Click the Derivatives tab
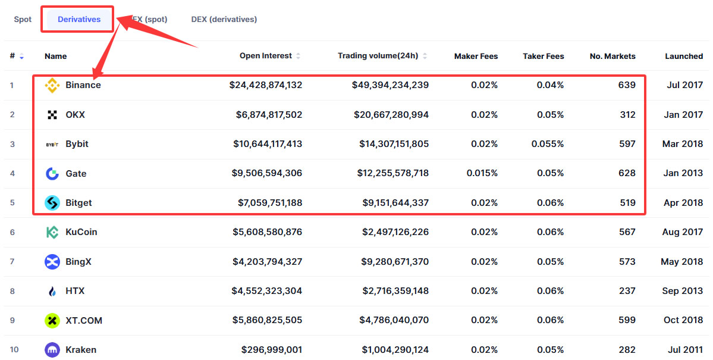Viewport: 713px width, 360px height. click(79, 20)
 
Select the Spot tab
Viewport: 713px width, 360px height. click(23, 20)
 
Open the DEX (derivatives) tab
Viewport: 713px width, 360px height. click(224, 20)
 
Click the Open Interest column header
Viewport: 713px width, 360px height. click(266, 56)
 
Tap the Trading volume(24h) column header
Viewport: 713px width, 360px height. click(378, 56)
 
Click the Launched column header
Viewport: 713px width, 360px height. click(684, 57)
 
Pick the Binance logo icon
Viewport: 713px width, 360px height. click(52, 85)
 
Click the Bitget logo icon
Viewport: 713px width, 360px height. click(52, 203)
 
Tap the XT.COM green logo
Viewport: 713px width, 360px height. click(52, 321)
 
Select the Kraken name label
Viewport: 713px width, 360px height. click(81, 350)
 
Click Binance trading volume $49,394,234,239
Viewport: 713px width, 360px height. click(391, 85)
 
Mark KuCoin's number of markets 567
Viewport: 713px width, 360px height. click(627, 232)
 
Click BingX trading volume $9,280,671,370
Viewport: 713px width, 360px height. click(395, 262)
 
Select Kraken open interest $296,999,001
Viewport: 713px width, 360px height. click(272, 350)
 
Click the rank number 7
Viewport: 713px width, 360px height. click(12, 262)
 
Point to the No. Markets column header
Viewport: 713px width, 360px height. click(613, 57)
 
